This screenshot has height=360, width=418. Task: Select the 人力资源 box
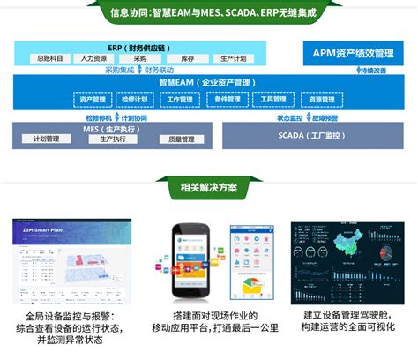tap(93, 58)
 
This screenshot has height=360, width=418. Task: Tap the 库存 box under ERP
tap(187, 58)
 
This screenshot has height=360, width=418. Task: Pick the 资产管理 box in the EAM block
tap(92, 100)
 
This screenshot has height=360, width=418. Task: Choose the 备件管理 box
tap(227, 100)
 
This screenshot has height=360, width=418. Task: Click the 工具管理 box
tap(272, 100)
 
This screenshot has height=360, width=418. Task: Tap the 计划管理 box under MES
tap(46, 139)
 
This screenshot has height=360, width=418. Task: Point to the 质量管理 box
tap(181, 139)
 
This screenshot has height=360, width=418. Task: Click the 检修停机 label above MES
tap(99, 117)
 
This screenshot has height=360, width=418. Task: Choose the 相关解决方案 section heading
tap(208, 187)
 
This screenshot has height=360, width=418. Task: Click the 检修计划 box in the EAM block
tap(137, 100)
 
